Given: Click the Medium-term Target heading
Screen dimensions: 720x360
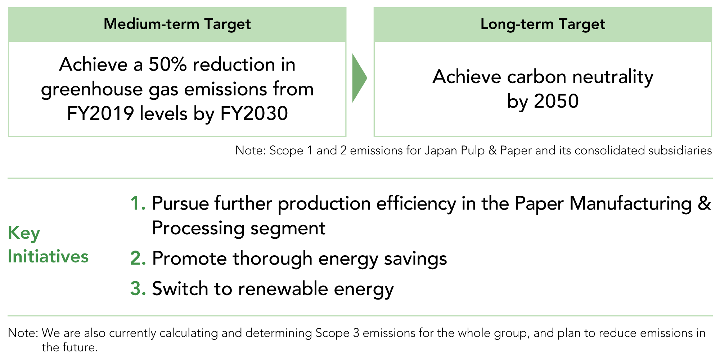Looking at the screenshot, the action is tap(177, 24).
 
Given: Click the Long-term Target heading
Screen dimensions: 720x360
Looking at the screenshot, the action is tap(543, 24).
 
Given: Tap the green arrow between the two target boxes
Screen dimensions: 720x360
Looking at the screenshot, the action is tap(359, 78).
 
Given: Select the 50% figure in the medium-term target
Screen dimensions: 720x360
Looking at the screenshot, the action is tap(168, 65).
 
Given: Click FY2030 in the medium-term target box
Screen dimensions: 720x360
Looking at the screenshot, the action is tap(254, 114).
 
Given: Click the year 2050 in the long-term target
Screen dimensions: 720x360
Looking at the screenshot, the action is tap(556, 101).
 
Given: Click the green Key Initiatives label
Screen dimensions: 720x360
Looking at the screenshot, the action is tap(48, 245).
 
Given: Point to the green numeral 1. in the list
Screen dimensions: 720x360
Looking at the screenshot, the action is tap(138, 204).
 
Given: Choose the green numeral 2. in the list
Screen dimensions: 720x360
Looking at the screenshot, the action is tap(138, 258).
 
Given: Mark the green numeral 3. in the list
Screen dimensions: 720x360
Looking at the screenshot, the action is tap(138, 289).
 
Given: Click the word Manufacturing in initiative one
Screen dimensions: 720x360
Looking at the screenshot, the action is tap(631, 204).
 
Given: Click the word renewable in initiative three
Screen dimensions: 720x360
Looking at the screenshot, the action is tap(283, 289).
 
